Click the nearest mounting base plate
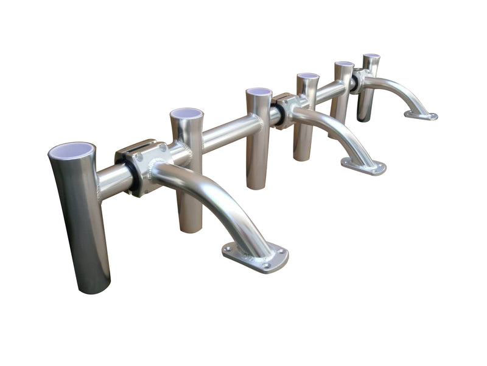pos(254,256)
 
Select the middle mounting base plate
pos(363,166)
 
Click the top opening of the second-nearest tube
pos(186,113)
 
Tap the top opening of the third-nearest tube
pos(259,91)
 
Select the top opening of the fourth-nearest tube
pos(308,76)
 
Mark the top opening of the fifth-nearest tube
pos(345,63)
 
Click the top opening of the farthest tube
pos(371,56)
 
